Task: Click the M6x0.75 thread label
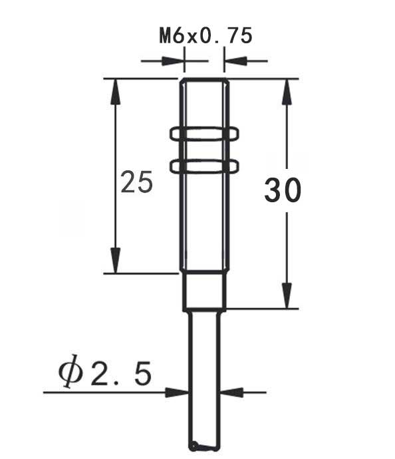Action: coord(205,35)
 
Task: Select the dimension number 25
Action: coord(137,182)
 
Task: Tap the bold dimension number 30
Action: coord(283,191)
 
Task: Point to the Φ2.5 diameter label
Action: coord(104,375)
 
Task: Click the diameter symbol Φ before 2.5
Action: coord(70,375)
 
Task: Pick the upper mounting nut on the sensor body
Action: coord(204,134)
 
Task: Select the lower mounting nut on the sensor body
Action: coord(204,165)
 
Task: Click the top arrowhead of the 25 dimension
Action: coord(116,89)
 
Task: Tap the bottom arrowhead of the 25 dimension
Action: coord(116,261)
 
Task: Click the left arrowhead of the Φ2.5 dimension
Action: coord(178,392)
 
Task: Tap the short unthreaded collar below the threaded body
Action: coord(205,291)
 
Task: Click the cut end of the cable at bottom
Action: coord(204,447)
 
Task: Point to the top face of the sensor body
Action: coord(205,80)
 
